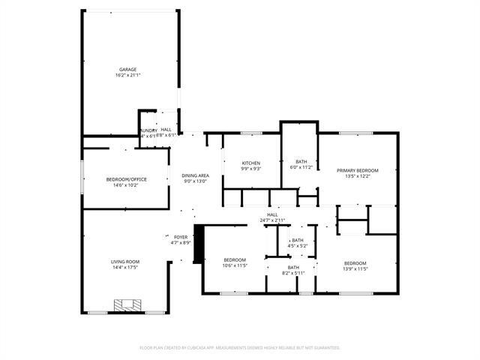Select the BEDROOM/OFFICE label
pyautogui.click(x=126, y=178)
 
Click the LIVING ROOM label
pyautogui.click(x=126, y=261)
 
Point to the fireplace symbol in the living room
pyautogui.click(x=124, y=305)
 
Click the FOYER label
pyautogui.click(x=181, y=236)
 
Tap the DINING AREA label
pyautogui.click(x=195, y=175)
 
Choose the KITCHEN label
pyautogui.click(x=250, y=163)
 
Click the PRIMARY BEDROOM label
pyautogui.click(x=357, y=170)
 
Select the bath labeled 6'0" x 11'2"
pyautogui.click(x=301, y=167)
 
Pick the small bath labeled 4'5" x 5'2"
pyautogui.click(x=298, y=245)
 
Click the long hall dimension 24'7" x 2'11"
pyautogui.click(x=272, y=220)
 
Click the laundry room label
pyautogui.click(x=147, y=133)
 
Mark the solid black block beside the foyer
pyautogui.click(x=198, y=245)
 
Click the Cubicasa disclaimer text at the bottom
pyautogui.click(x=240, y=347)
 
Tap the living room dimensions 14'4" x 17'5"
pyautogui.click(x=126, y=267)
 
